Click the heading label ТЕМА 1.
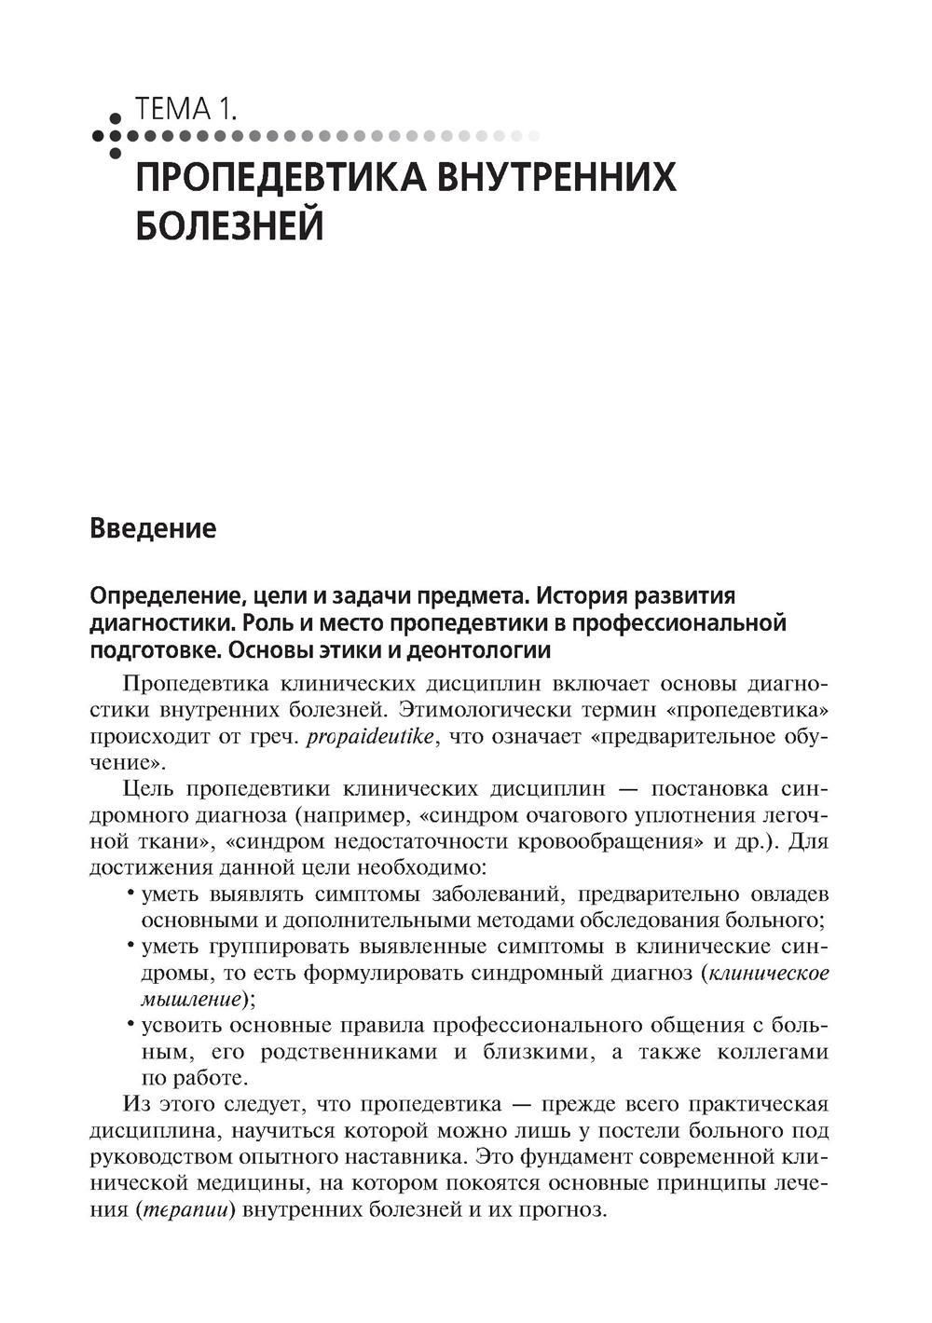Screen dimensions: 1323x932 [185, 110]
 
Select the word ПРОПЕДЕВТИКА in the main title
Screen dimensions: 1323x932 [278, 177]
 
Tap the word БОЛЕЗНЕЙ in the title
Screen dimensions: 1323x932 [229, 225]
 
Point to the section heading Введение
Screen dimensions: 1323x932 [153, 529]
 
